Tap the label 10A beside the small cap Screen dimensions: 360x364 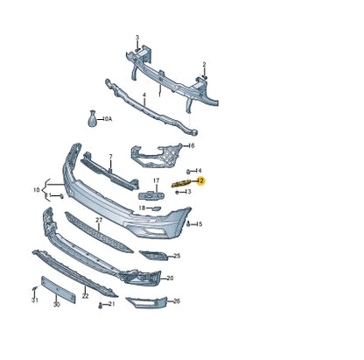click(107, 117)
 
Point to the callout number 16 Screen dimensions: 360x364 click(191, 145)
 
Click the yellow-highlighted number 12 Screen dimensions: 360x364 click(200, 181)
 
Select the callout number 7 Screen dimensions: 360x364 click(110, 157)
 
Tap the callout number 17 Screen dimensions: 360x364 click(156, 181)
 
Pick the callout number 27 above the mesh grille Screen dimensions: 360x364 click(99, 219)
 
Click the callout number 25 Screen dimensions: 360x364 click(177, 256)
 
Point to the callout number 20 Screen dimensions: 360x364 click(170, 278)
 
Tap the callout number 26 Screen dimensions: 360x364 click(177, 300)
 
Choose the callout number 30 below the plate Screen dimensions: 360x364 click(56, 306)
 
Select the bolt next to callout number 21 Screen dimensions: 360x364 click(101, 304)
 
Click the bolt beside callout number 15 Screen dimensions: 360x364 click(189, 224)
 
